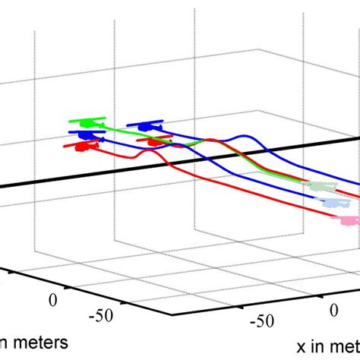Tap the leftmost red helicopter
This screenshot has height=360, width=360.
coord(79,147)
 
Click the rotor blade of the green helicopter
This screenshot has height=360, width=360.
coord(92,118)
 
